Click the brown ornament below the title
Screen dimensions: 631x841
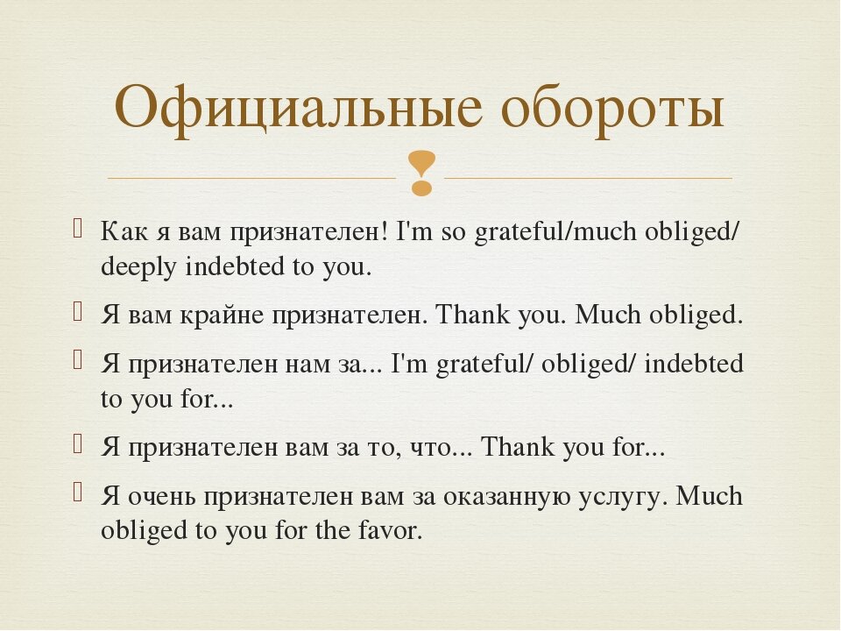421,174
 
